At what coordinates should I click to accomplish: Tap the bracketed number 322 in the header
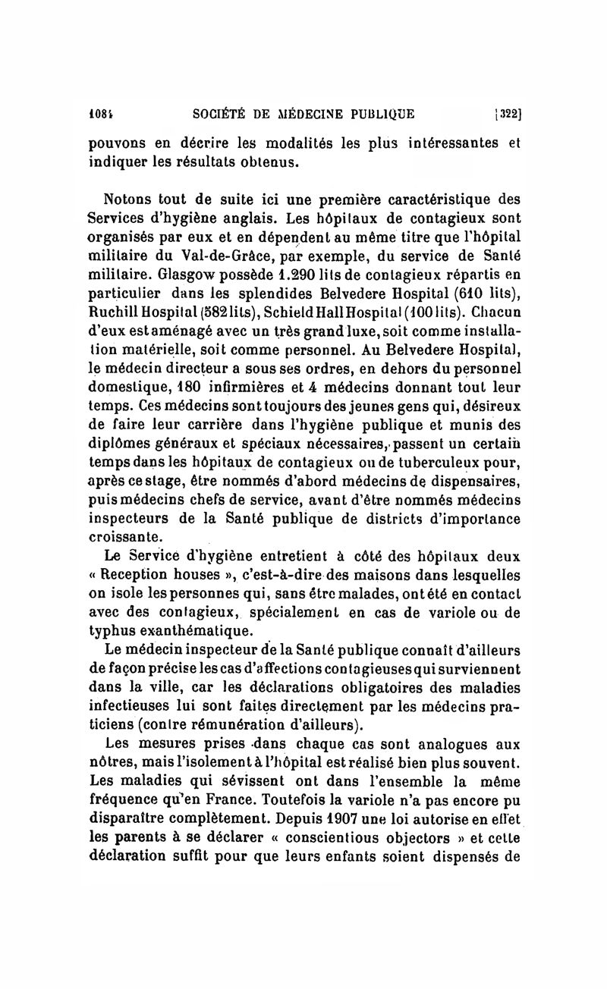click(507, 115)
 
